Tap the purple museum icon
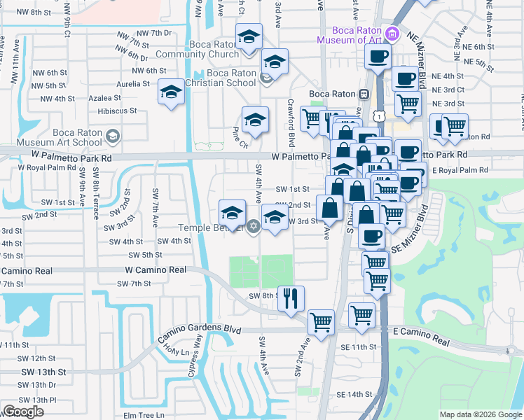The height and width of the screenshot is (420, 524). (392, 34)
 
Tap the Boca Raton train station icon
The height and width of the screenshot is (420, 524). (364, 94)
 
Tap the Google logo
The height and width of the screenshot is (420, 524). (23, 412)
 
